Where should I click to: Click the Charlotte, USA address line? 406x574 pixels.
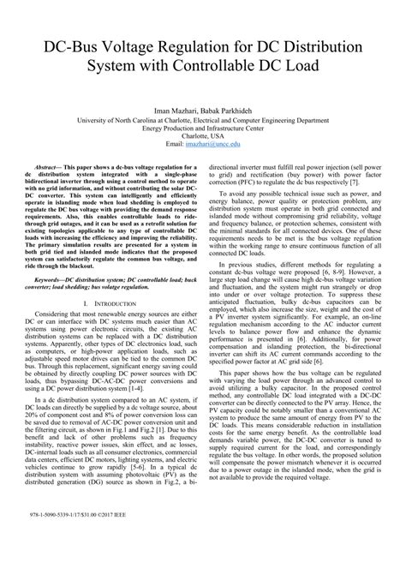click(x=203, y=136)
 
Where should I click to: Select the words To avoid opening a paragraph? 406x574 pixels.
click(x=236, y=199)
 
